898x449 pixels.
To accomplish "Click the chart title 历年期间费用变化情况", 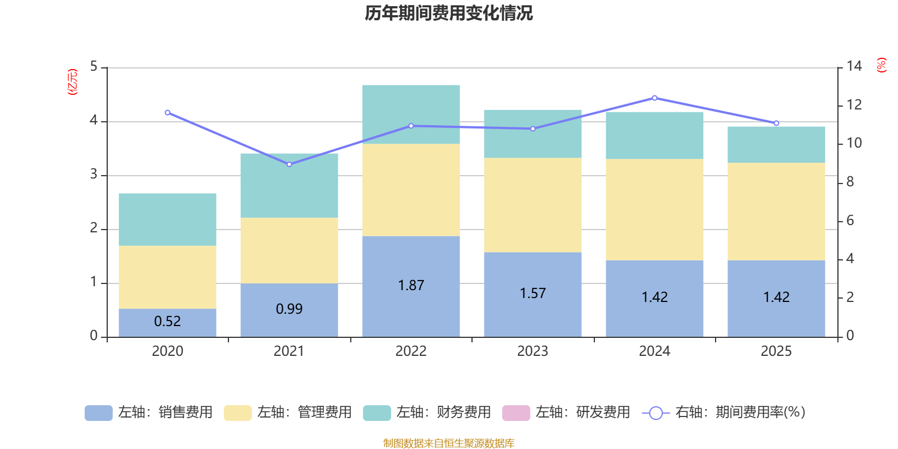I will tap(448, 13).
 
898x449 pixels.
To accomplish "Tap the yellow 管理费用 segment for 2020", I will tap(167, 277).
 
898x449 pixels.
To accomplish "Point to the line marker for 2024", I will tap(654, 98).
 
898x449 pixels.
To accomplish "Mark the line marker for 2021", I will tap(289, 164).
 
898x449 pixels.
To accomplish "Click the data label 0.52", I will tap(167, 321).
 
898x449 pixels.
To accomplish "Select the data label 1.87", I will tap(411, 285).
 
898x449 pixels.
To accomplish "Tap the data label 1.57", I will tap(533, 293).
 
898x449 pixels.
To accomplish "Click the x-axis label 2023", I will tap(533, 351).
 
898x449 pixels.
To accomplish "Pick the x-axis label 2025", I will tap(776, 351).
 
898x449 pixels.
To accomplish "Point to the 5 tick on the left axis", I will tap(94, 67).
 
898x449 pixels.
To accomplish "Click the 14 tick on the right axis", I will tap(854, 66).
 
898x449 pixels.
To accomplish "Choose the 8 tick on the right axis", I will tap(850, 182).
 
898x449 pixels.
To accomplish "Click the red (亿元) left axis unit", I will tap(72, 82).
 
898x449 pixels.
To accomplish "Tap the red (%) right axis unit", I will tap(882, 65).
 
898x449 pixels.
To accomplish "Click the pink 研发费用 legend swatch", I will tap(516, 413).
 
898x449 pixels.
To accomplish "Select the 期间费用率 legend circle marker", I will tap(656, 413).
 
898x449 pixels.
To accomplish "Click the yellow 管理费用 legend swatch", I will tap(237, 413).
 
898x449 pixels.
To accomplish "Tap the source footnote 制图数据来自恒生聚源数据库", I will tap(448, 443).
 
